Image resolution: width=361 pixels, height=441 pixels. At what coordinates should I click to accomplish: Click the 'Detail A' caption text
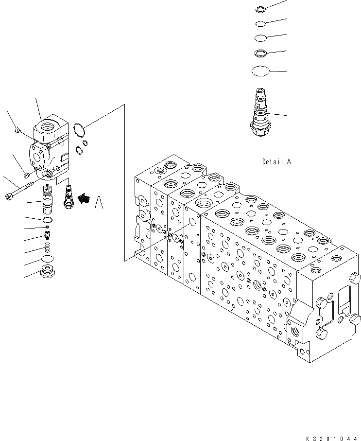pos(276,161)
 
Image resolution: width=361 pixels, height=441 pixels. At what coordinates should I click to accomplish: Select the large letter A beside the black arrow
pos(99,202)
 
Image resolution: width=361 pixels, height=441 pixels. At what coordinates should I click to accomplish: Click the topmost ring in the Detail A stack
pos(260,9)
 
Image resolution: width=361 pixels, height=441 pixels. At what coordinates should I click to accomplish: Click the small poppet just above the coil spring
pos(48,236)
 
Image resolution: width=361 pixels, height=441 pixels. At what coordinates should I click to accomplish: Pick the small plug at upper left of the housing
pos(18,130)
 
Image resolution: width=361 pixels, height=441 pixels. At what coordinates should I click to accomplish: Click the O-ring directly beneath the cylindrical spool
pos(47,220)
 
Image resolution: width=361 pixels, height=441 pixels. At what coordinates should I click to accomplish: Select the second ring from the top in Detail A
pos(260,23)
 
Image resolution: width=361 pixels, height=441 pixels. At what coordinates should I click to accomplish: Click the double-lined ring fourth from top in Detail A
pos(260,53)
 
